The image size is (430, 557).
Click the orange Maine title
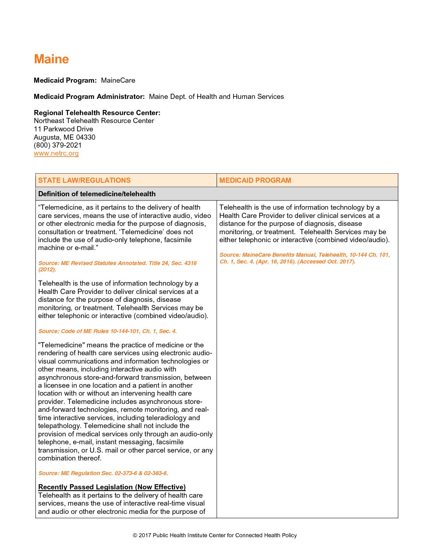click(x=51, y=59)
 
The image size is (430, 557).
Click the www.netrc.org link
click(x=56, y=153)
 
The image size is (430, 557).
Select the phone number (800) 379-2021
click(x=58, y=145)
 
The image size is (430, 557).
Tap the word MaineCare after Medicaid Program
click(x=118, y=80)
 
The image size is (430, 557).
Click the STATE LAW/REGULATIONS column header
click(x=84, y=180)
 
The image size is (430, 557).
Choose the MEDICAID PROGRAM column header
click(x=255, y=180)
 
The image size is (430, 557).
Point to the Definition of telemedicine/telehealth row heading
click(x=97, y=194)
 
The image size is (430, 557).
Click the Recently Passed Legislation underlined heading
click(x=112, y=487)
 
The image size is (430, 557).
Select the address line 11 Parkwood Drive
click(x=64, y=129)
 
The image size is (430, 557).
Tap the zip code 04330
click(x=86, y=137)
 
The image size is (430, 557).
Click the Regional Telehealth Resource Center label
click(x=97, y=113)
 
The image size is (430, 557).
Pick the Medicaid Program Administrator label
click(x=89, y=97)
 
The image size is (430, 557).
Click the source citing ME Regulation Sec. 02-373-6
click(x=103, y=473)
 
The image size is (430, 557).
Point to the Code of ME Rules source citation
click(x=107, y=331)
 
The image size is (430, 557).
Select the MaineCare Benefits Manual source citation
click(x=304, y=258)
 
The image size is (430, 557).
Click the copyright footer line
click(x=215, y=535)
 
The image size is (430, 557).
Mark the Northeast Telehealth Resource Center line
click(x=94, y=121)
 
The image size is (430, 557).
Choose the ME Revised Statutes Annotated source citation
click(x=117, y=266)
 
